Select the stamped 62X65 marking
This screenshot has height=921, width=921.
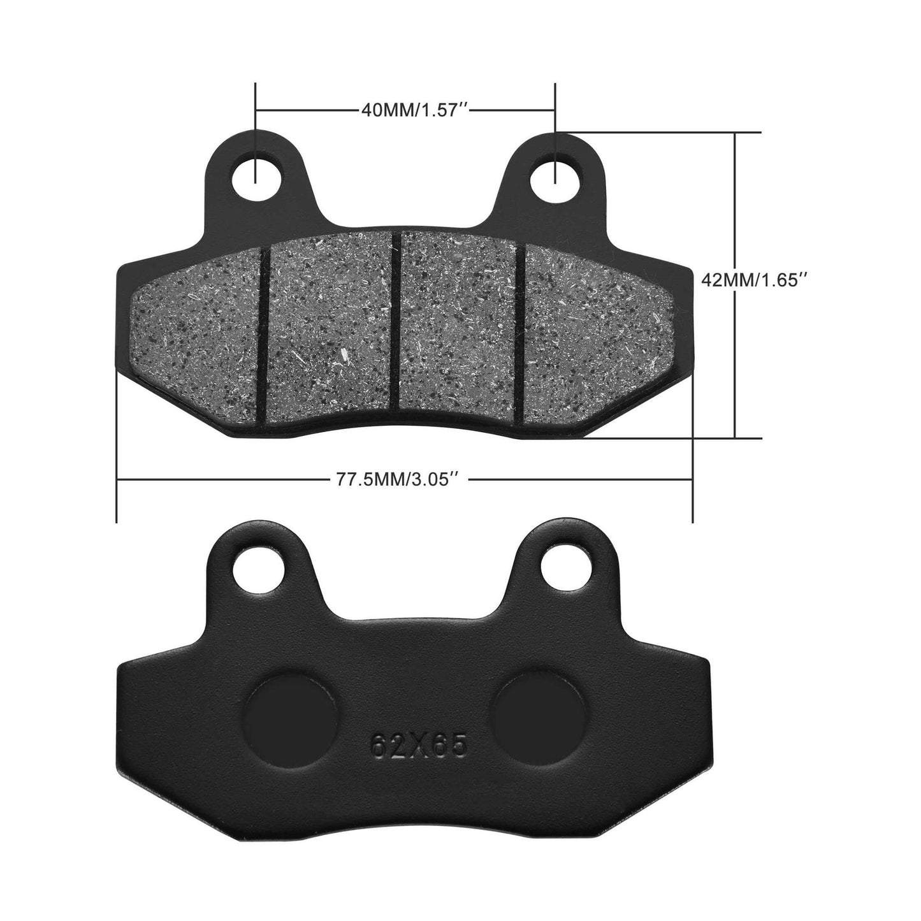coord(419,744)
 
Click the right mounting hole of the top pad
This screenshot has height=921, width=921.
coord(555,174)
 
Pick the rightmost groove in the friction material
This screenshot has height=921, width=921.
coord(521,331)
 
